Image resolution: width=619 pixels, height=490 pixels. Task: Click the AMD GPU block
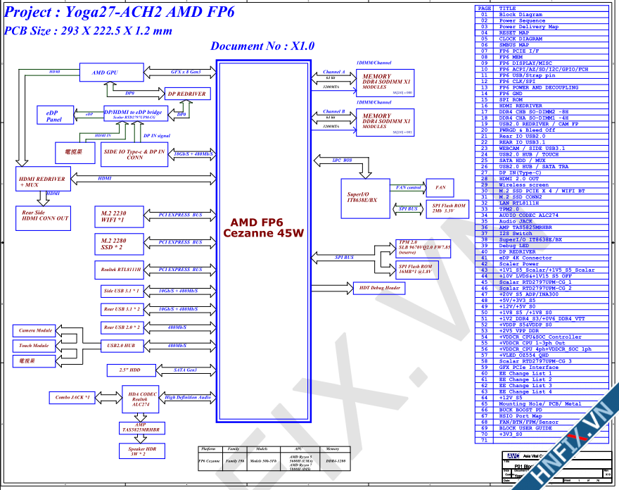point(106,73)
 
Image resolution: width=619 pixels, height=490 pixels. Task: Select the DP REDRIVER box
point(186,94)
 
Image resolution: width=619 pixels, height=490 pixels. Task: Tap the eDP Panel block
point(54,116)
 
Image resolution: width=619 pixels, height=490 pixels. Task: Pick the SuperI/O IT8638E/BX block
point(362,196)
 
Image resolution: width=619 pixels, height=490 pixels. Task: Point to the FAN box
point(440,188)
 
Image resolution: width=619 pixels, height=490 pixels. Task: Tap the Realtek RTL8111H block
point(118,270)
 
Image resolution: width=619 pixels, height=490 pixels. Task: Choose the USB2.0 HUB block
point(121,346)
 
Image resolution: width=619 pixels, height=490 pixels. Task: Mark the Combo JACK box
point(72,398)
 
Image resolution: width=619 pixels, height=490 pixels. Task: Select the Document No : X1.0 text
point(262,46)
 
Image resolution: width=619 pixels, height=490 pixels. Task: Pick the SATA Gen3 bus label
point(185,370)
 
